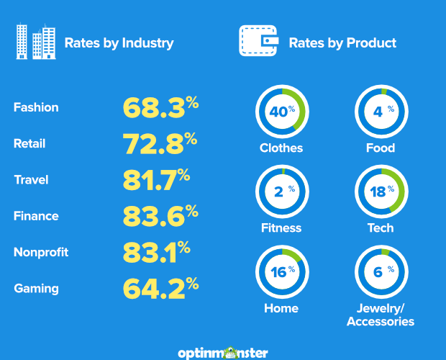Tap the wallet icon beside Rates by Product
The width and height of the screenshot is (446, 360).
(x=258, y=42)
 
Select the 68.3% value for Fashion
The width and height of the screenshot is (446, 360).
(x=160, y=107)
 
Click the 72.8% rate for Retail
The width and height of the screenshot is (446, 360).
(x=160, y=143)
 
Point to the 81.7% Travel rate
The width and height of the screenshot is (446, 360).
(x=155, y=179)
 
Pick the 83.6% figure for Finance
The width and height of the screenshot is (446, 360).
(x=160, y=216)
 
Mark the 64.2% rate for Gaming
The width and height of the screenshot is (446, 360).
(x=160, y=289)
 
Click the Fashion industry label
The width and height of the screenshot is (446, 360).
(x=36, y=107)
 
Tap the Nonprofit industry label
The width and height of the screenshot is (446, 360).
(x=41, y=252)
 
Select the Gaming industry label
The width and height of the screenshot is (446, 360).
(x=36, y=289)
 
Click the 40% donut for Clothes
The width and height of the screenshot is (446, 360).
(x=281, y=112)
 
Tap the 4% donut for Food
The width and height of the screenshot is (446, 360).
(x=381, y=112)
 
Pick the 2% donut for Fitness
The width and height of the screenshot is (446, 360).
(x=281, y=192)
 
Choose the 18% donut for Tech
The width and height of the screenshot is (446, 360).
(x=381, y=192)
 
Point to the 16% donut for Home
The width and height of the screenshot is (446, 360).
(x=281, y=271)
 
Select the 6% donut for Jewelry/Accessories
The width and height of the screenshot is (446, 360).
(x=381, y=271)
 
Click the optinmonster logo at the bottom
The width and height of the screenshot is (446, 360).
(x=223, y=353)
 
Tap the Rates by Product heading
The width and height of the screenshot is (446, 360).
(x=342, y=42)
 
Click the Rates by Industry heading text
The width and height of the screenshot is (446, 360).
(x=119, y=42)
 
